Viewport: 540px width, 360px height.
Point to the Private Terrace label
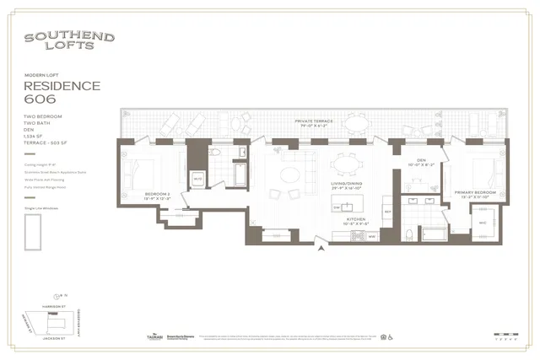314,122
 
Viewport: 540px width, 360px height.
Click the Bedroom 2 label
157,195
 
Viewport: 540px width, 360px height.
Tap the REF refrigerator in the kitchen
387,211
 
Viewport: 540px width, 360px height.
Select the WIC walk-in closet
483,223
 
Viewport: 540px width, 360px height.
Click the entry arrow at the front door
318,248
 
